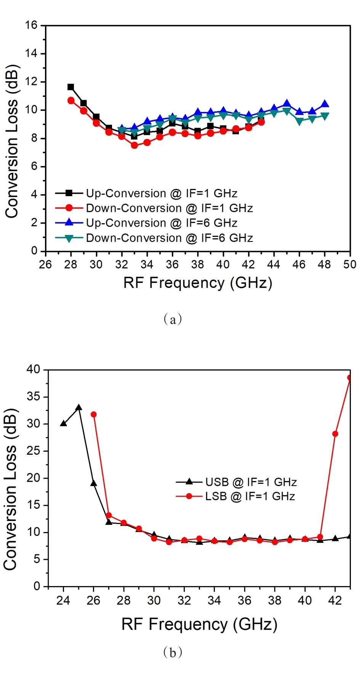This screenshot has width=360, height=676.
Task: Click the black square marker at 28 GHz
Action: pyautogui.click(x=70, y=87)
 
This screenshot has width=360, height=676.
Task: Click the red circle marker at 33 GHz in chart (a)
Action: pyautogui.click(x=134, y=145)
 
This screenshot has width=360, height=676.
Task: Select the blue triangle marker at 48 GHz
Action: pyautogui.click(x=325, y=104)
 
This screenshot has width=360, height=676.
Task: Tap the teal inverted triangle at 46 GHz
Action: pyautogui.click(x=299, y=121)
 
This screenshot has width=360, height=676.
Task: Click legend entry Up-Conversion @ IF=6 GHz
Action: pyautogui.click(x=162, y=223)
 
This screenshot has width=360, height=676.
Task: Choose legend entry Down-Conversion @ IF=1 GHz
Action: pyautogui.click(x=169, y=208)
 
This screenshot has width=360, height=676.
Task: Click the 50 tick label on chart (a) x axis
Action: pyautogui.click(x=350, y=264)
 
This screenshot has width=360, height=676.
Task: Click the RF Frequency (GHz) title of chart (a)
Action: pyautogui.click(x=198, y=283)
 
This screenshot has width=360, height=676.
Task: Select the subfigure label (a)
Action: pyautogui.click(x=173, y=319)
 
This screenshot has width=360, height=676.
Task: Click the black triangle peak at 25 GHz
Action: pyautogui.click(x=78, y=408)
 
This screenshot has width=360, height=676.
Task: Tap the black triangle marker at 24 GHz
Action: pyautogui.click(x=63, y=423)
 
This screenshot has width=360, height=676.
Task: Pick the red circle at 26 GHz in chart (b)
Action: pyautogui.click(x=94, y=414)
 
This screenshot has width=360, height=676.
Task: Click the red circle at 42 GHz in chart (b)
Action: pyautogui.click(x=335, y=434)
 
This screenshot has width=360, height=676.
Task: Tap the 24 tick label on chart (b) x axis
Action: pyautogui.click(x=63, y=601)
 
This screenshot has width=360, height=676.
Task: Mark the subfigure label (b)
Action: pyautogui.click(x=173, y=652)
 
